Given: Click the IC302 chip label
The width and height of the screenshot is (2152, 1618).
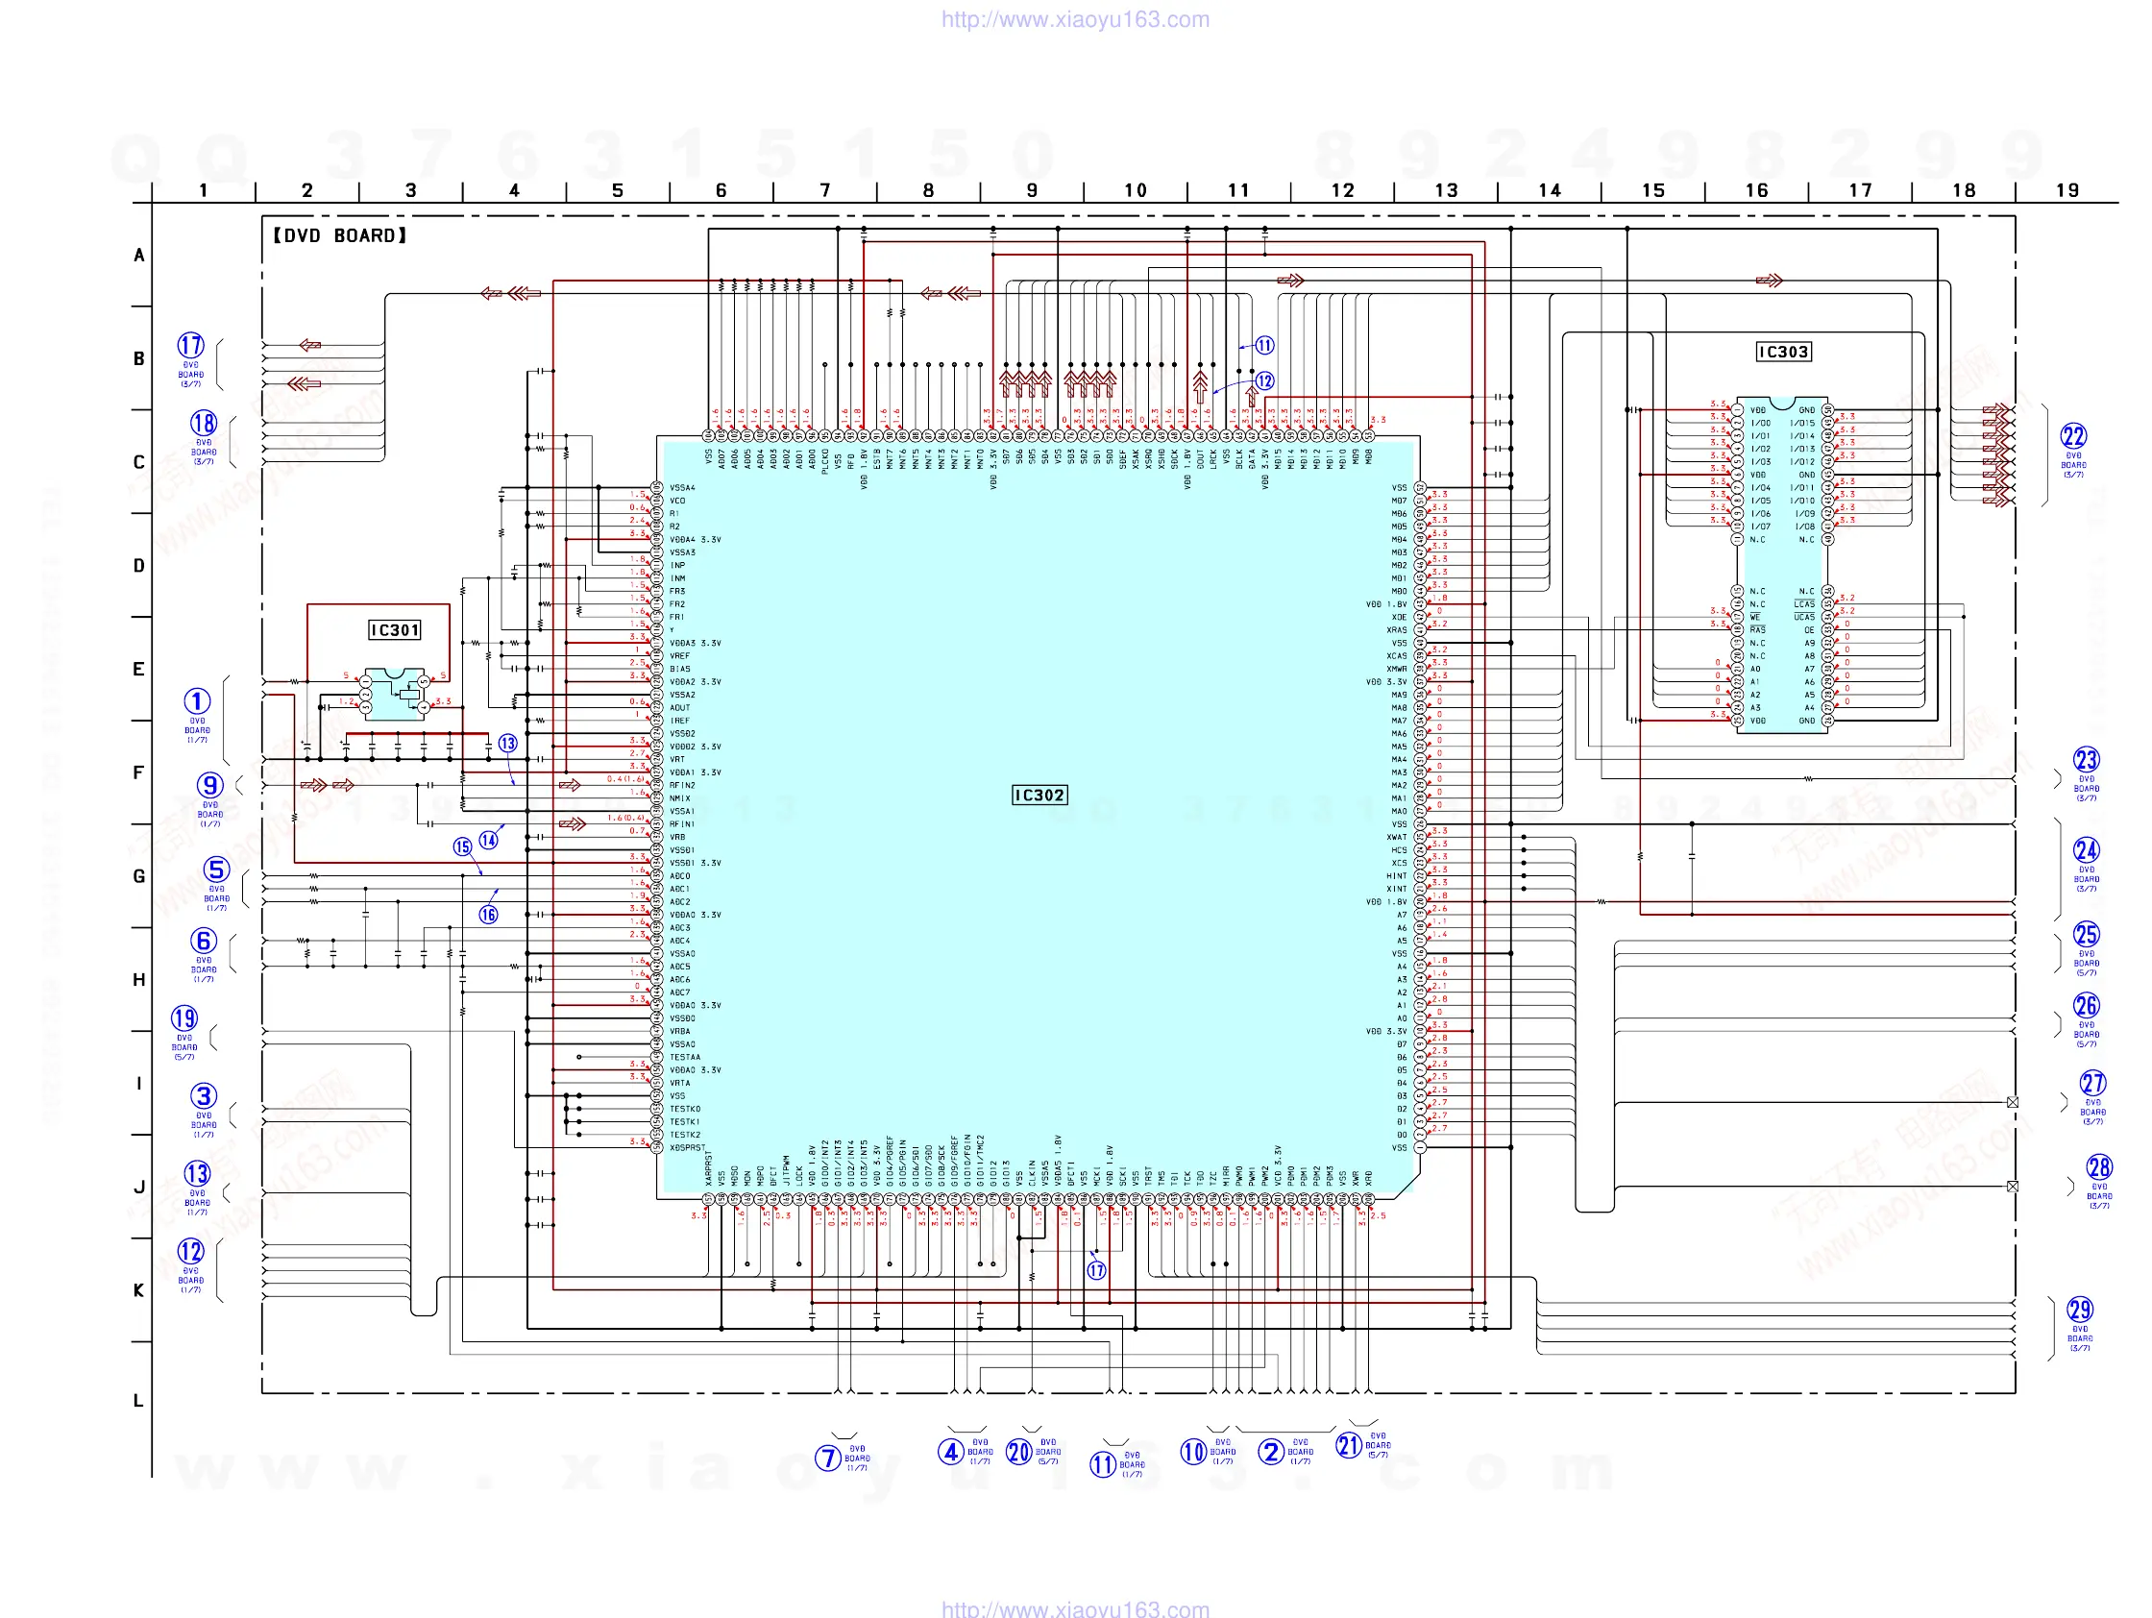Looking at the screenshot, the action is pyautogui.click(x=1039, y=795).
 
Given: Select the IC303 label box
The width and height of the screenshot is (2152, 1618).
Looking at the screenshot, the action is pyautogui.click(x=1782, y=352).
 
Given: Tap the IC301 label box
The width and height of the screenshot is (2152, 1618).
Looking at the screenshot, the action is pyautogui.click(x=394, y=629).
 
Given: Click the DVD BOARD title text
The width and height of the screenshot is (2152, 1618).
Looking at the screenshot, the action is pyautogui.click(x=338, y=235).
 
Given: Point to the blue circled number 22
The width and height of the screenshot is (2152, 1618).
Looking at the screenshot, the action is pyautogui.click(x=2073, y=436).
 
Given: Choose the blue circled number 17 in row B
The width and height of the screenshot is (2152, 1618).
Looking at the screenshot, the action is pyautogui.click(x=190, y=345).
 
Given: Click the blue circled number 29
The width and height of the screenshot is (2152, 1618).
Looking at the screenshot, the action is pyautogui.click(x=2080, y=1309).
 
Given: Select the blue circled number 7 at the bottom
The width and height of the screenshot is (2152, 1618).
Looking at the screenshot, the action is pyautogui.click(x=827, y=1458).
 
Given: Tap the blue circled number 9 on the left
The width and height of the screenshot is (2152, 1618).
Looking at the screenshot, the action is pyautogui.click(x=210, y=785).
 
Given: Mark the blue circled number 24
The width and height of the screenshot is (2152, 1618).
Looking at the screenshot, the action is pyautogui.click(x=2086, y=849).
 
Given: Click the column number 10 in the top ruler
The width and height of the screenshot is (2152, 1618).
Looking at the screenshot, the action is pyautogui.click(x=1136, y=190).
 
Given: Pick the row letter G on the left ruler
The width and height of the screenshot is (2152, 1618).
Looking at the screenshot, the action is pyautogui.click(x=139, y=875).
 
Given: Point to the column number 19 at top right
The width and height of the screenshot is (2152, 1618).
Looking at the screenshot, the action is pyautogui.click(x=2067, y=190).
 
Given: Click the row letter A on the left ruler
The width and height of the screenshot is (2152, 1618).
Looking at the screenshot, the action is pyautogui.click(x=139, y=255).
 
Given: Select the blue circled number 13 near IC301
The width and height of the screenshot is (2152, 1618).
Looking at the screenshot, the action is pyautogui.click(x=508, y=744).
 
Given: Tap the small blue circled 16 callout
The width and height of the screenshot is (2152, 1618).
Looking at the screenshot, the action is pyautogui.click(x=488, y=914).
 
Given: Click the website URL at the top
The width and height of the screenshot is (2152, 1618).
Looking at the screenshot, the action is pyautogui.click(x=1075, y=19).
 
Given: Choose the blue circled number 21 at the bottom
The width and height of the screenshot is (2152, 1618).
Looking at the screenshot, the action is pyautogui.click(x=1349, y=1445).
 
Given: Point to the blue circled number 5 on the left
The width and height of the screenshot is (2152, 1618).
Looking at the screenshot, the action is pyautogui.click(x=216, y=869).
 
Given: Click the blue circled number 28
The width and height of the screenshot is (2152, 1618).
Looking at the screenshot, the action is pyautogui.click(x=2098, y=1166).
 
